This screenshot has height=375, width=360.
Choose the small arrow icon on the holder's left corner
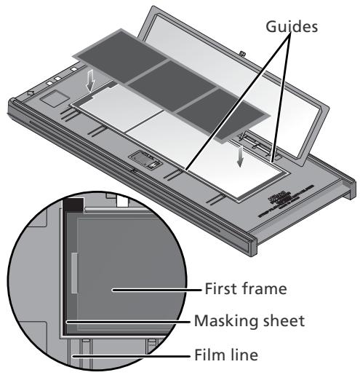pos(28,94)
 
